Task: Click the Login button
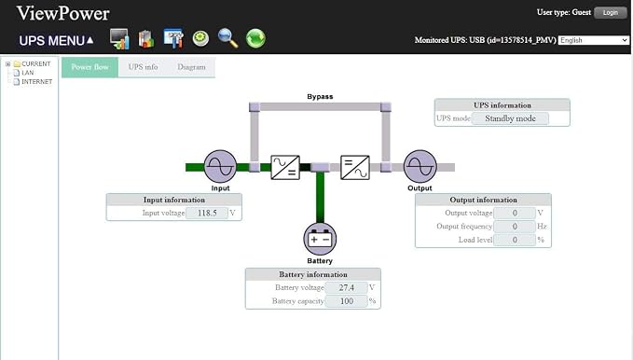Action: click(611, 12)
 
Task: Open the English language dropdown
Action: click(594, 40)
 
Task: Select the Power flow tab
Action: click(90, 67)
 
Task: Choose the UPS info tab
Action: click(143, 67)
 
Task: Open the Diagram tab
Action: click(191, 67)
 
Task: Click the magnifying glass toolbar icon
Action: click(227, 38)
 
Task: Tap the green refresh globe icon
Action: click(255, 38)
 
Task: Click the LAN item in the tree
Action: click(27, 73)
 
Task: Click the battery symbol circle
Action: click(320, 239)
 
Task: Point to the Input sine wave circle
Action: click(220, 166)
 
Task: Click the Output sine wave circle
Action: click(420, 166)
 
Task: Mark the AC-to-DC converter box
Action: click(285, 167)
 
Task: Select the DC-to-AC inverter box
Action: click(355, 167)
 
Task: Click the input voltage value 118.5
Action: click(207, 213)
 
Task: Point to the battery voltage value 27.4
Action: click(347, 287)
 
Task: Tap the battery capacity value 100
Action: click(347, 301)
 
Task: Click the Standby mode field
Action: click(510, 118)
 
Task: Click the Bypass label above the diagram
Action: click(320, 97)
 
